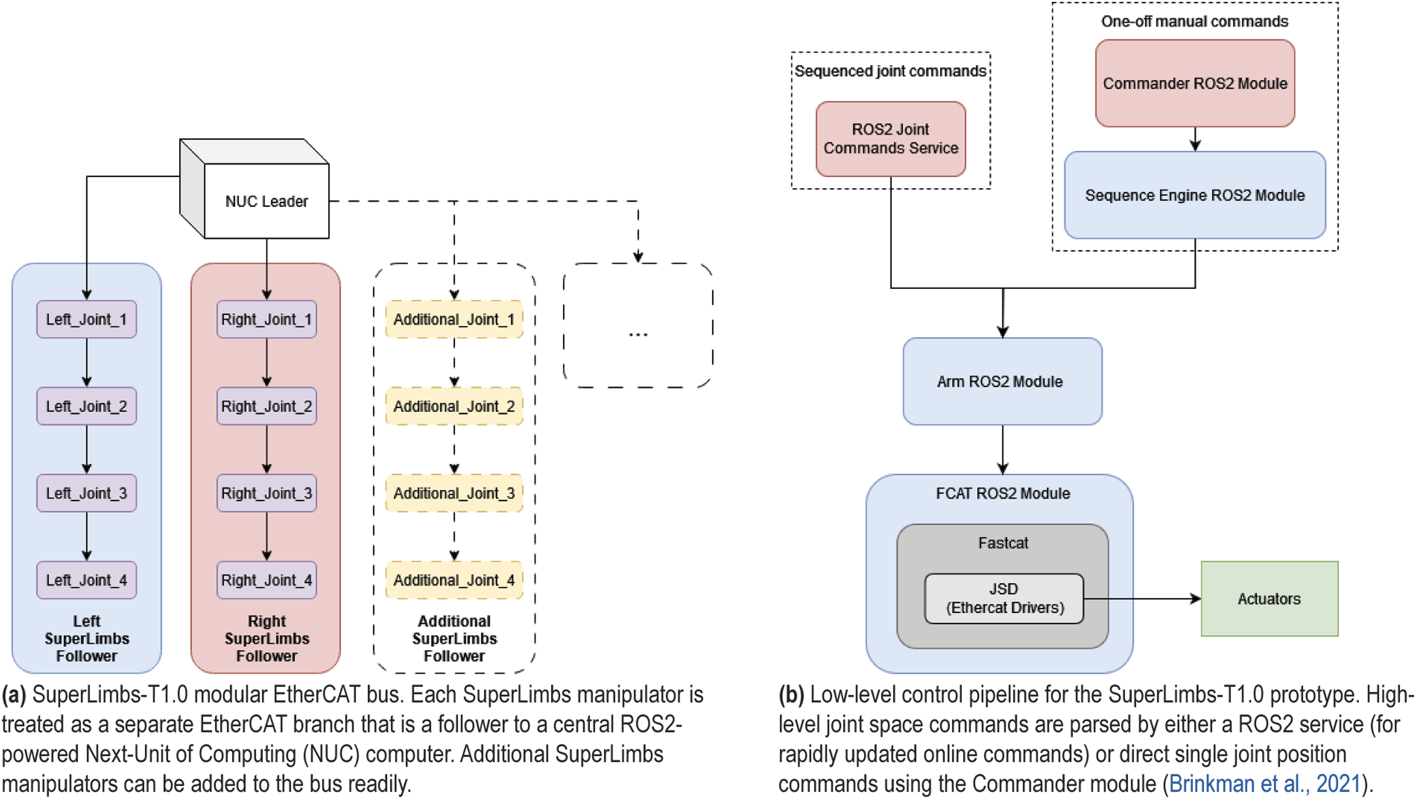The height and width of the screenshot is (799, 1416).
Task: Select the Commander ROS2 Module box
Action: (1195, 83)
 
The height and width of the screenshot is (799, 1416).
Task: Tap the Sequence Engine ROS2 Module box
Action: (1195, 195)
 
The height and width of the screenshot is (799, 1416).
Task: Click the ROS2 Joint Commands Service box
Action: (891, 139)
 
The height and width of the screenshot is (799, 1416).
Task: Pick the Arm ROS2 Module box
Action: (1003, 381)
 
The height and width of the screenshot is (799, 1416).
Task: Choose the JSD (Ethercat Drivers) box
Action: (1004, 598)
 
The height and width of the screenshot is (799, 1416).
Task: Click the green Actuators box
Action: (1269, 598)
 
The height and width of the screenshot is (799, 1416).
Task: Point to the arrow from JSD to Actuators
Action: (1142, 598)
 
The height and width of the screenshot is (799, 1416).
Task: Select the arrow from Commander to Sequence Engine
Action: (1195, 139)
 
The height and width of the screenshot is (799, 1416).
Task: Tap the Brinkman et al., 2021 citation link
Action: (1264, 784)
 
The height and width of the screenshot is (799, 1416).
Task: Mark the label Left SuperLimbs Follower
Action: (87, 638)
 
